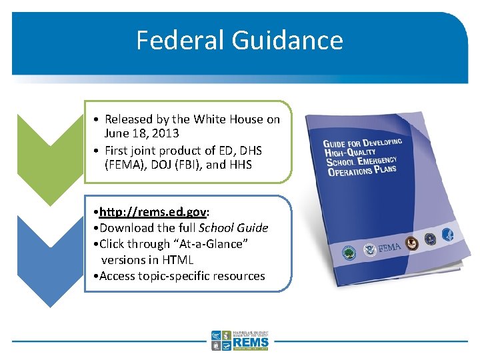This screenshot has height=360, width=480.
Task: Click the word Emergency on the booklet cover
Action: (x=375, y=161)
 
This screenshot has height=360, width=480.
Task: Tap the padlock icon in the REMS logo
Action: (x=216, y=346)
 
